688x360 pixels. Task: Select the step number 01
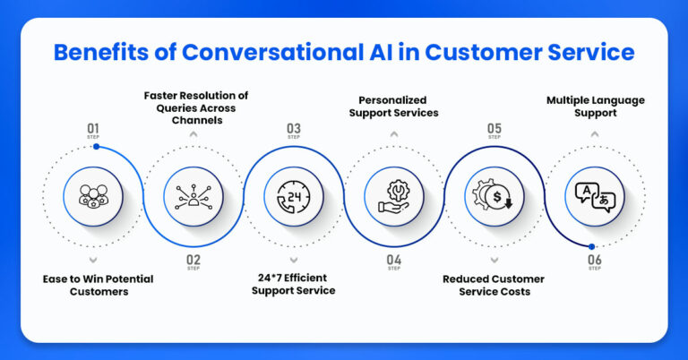tap(93, 129)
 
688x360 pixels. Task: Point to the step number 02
tap(193, 261)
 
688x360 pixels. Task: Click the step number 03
tap(294, 129)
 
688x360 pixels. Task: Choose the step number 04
tap(394, 261)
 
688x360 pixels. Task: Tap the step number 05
tap(494, 129)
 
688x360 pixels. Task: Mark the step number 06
tap(595, 261)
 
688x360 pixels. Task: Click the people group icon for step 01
tap(93, 195)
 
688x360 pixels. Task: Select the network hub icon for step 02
tap(193, 195)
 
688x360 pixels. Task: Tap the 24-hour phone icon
tap(294, 195)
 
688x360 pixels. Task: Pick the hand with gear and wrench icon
tap(394, 195)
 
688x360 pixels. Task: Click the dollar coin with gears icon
tap(494, 195)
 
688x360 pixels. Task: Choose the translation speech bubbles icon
tap(595, 195)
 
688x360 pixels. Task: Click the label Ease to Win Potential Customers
tap(99, 286)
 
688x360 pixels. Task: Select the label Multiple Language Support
tap(595, 107)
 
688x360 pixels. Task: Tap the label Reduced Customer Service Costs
tap(494, 286)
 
